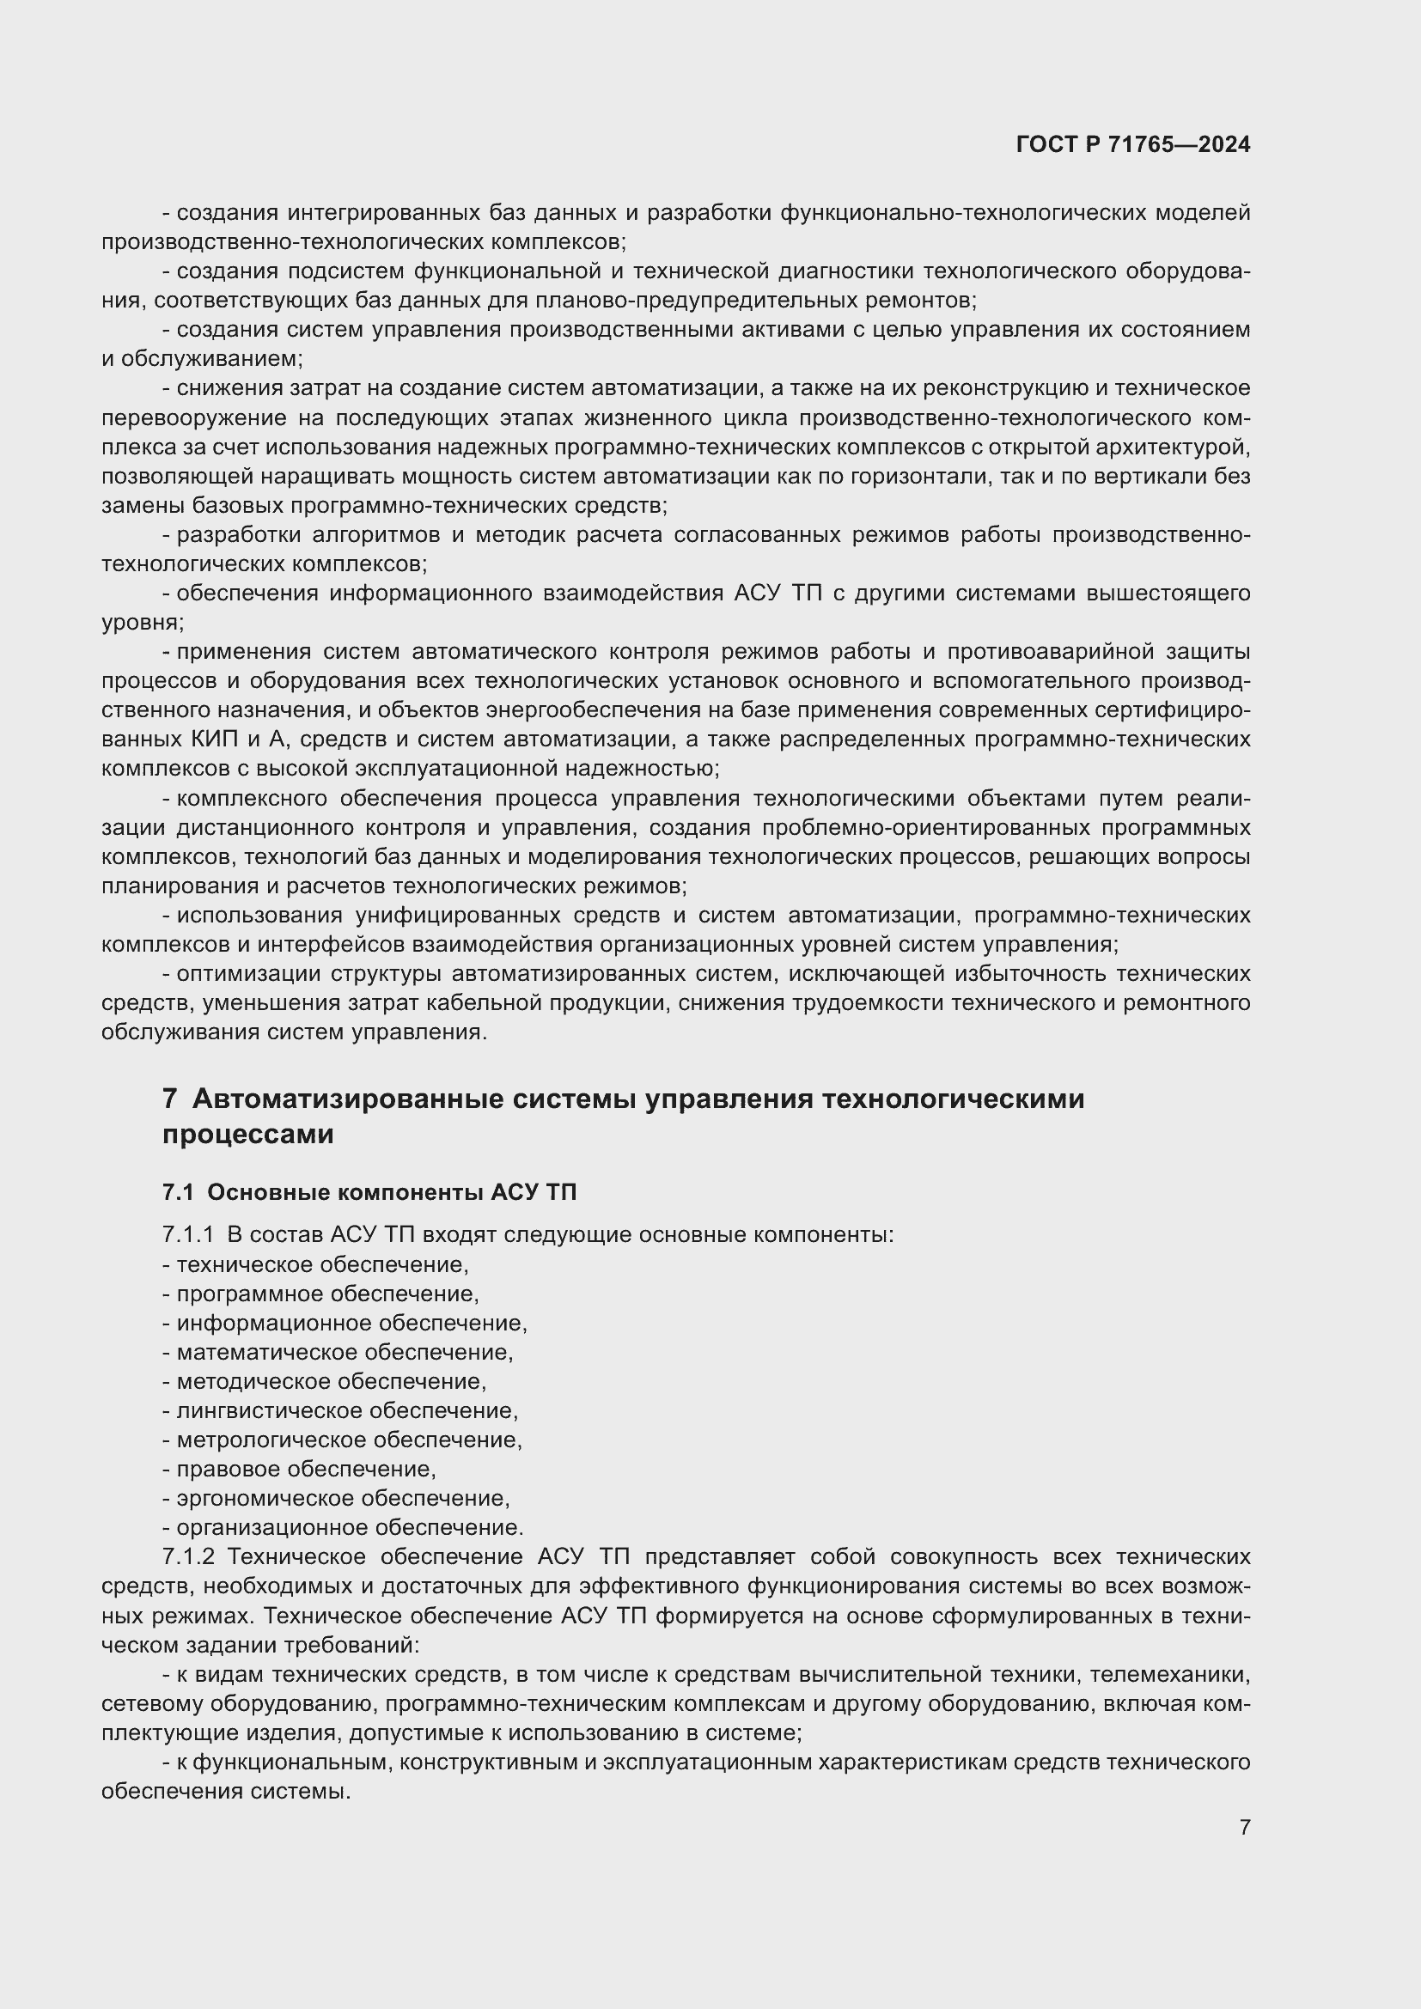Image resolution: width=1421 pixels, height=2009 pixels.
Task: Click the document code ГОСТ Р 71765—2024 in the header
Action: [x=1132, y=144]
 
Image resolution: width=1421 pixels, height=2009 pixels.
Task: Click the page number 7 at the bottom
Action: [x=1244, y=1826]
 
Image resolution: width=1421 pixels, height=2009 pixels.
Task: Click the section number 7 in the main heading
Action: [x=170, y=1099]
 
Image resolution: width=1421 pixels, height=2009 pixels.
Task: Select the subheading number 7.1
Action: [x=178, y=1193]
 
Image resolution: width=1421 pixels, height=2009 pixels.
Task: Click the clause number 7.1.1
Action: [x=188, y=1234]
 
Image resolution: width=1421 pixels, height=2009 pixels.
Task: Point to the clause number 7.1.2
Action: [x=188, y=1556]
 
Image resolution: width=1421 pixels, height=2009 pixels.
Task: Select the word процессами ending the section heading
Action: [x=247, y=1135]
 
